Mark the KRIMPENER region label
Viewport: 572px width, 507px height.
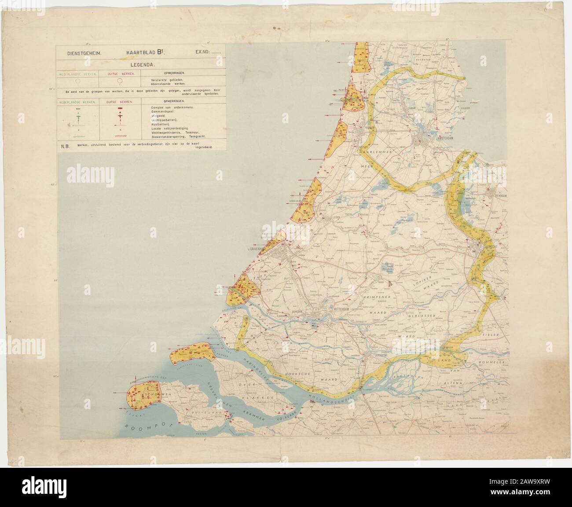point(377,298)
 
